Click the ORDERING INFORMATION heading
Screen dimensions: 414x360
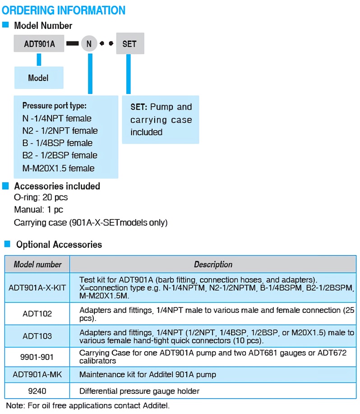pos(64,10)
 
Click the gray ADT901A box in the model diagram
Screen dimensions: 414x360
pos(39,44)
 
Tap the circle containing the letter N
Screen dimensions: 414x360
pos(89,44)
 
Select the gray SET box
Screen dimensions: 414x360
pos(129,44)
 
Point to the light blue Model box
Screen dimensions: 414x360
pos(38,78)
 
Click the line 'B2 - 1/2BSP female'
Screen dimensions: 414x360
pos(60,155)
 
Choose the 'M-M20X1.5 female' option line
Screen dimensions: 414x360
pos(58,168)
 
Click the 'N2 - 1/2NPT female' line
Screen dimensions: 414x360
pos(60,131)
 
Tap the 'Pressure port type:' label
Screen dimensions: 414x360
pos(54,106)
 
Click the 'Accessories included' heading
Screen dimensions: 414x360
pos(57,186)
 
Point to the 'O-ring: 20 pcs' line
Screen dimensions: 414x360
pos(41,197)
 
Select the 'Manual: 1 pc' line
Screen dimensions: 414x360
pos(38,209)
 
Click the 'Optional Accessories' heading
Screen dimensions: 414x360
pos(59,245)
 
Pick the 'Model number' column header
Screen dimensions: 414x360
pos(37,264)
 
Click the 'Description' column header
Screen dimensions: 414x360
pos(213,264)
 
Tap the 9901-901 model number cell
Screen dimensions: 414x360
pos(37,357)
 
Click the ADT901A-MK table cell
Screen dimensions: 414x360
pos(37,374)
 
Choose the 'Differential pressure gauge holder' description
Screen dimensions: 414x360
pos(139,391)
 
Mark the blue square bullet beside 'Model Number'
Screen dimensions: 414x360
pos(5,25)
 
